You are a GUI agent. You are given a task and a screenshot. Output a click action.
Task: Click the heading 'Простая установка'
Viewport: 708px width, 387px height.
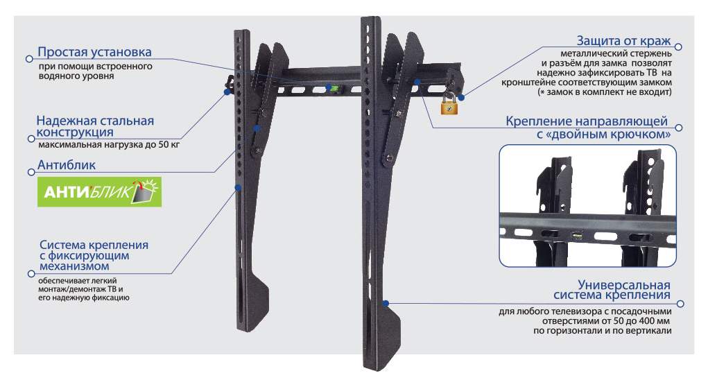pyautogui.click(x=94, y=52)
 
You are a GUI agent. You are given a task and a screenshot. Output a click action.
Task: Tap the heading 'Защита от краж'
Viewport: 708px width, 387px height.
pyautogui.click(x=623, y=41)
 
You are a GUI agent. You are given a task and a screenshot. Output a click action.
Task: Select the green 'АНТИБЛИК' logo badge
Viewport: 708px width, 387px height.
pyautogui.click(x=99, y=192)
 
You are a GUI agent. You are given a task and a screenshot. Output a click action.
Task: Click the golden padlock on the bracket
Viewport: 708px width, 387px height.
pyautogui.click(x=449, y=104)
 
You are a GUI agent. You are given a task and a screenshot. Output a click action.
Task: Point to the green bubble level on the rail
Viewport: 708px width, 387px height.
pyautogui.click(x=334, y=89)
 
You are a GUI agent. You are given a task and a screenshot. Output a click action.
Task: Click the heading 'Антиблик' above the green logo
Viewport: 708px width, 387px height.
pyautogui.click(x=67, y=165)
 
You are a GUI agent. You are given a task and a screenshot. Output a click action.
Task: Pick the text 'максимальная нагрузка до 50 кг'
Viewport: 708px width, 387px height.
pyautogui.click(x=109, y=145)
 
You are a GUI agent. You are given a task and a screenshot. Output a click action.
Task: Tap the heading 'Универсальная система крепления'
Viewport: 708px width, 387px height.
pyautogui.click(x=612, y=290)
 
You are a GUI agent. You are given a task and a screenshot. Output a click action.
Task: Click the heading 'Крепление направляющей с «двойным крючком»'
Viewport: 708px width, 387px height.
pyautogui.click(x=587, y=128)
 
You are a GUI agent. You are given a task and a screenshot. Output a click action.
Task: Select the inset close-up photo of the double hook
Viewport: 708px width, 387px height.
pyautogui.click(x=587, y=205)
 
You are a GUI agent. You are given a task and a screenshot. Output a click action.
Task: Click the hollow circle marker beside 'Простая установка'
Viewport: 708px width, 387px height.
pyautogui.click(x=29, y=59)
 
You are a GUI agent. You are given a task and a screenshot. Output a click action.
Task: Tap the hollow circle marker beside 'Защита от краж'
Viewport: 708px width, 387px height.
pyautogui.click(x=678, y=46)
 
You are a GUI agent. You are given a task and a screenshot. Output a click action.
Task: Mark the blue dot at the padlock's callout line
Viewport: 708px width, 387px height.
pyautogui.click(x=461, y=97)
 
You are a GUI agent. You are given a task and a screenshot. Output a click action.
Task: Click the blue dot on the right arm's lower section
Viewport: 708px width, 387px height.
pyautogui.click(x=386, y=303)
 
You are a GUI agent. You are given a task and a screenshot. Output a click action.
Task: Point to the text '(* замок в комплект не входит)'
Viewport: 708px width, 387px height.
pyautogui.click(x=605, y=92)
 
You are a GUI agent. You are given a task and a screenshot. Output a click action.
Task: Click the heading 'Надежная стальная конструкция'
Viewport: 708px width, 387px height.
pyautogui.click(x=95, y=126)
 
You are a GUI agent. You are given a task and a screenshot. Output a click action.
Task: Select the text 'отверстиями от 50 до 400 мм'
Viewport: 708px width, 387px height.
pyautogui.click(x=606, y=320)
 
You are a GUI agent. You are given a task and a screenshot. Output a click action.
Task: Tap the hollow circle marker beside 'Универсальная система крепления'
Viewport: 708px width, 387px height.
pyautogui.click(x=680, y=304)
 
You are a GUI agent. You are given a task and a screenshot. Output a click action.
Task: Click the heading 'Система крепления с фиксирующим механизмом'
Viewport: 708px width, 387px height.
pyautogui.click(x=94, y=256)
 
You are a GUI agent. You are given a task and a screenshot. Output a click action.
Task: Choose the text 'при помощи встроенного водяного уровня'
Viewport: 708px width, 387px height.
pyautogui.click(x=95, y=71)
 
